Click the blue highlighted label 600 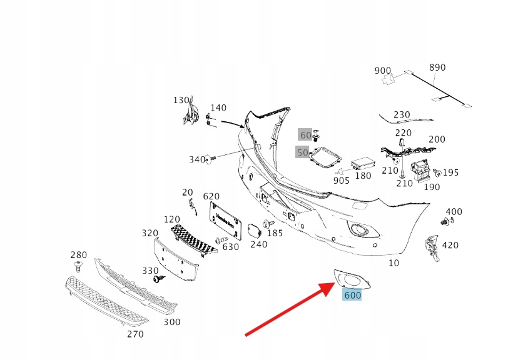click(352, 294)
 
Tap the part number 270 click(135, 334)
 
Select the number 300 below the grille click(171, 322)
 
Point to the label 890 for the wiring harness click(437, 67)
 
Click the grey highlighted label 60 click(305, 135)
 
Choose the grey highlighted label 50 click(303, 152)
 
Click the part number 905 click(341, 181)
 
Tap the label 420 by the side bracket click(450, 245)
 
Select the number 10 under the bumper click(394, 263)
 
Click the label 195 click(450, 172)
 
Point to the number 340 click(197, 160)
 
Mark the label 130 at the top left click(181, 100)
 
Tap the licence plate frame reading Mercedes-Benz click(225, 219)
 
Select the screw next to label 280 click(79, 267)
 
